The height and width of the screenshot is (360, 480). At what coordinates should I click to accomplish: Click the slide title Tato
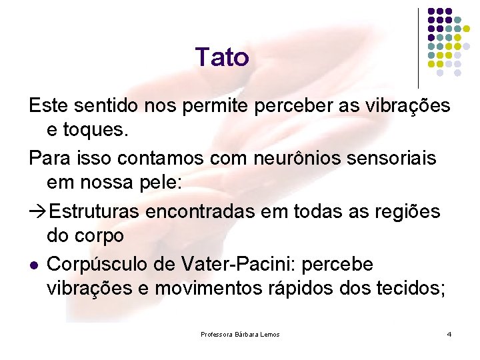tap(222, 57)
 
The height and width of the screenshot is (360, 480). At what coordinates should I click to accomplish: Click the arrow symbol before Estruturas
tap(37, 212)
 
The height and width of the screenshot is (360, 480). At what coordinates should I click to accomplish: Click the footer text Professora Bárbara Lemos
tap(240, 333)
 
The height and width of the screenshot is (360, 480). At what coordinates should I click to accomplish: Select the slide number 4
tap(449, 333)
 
